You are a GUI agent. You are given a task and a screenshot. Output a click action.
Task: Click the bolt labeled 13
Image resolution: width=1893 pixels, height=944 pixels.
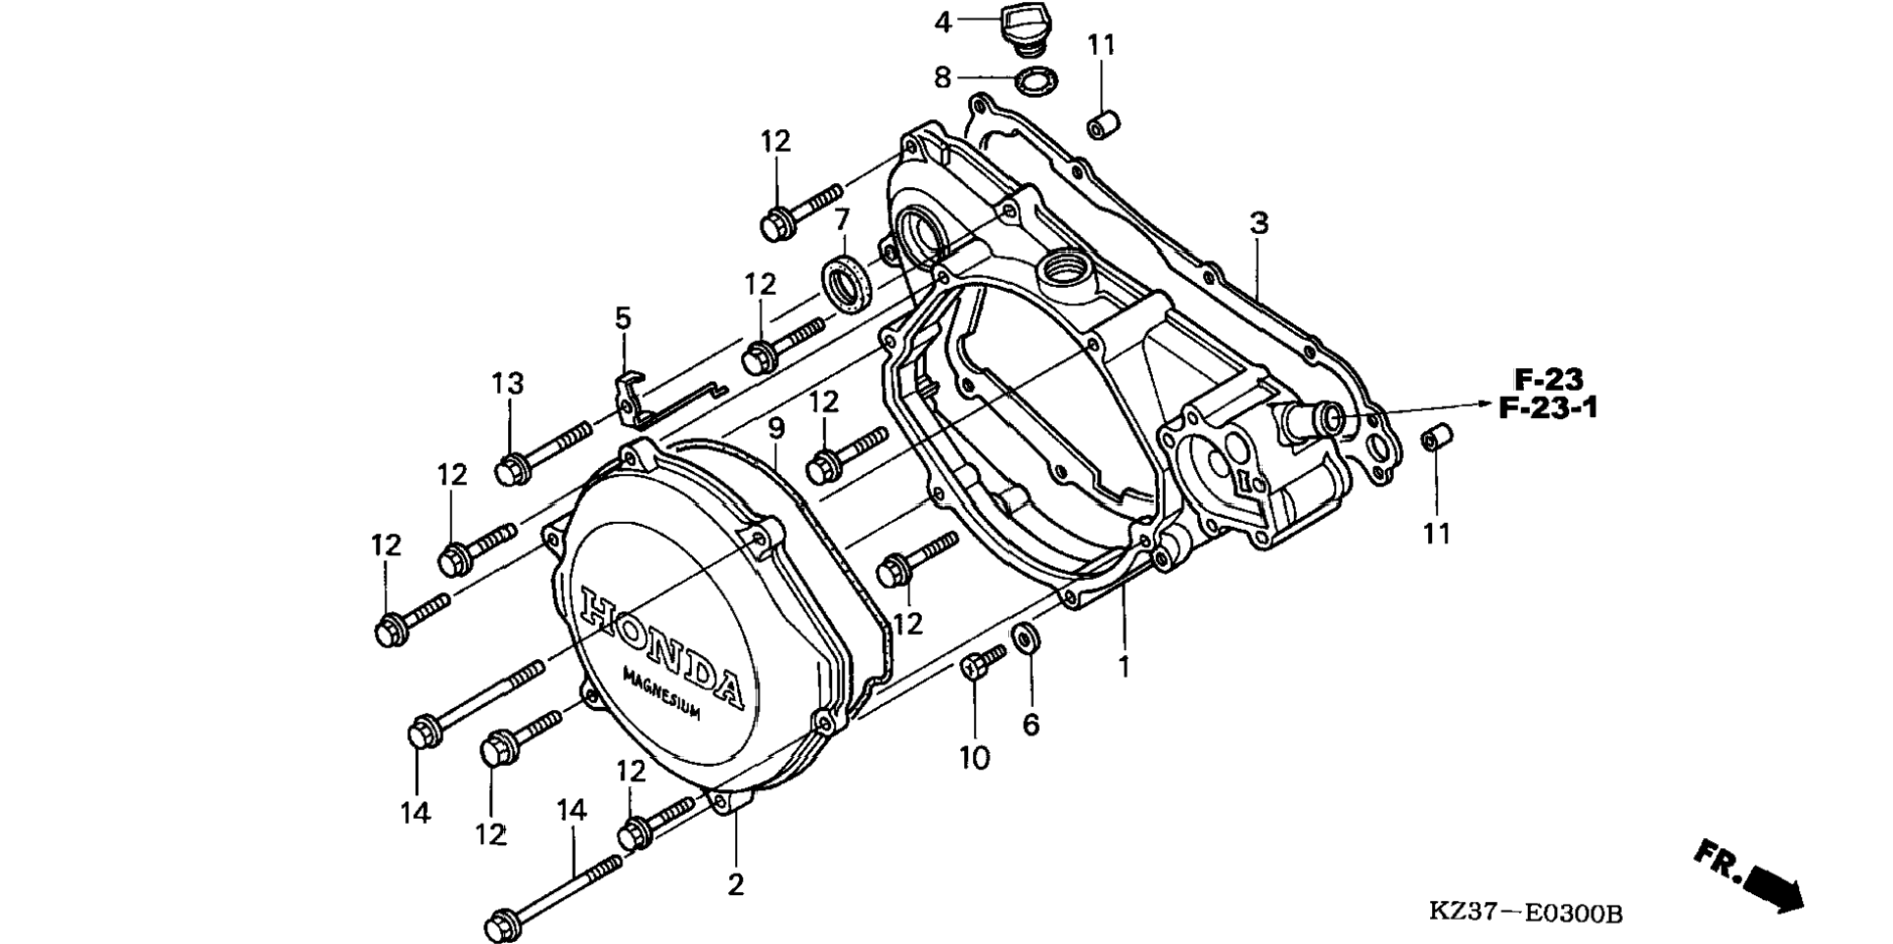pyautogui.click(x=542, y=451)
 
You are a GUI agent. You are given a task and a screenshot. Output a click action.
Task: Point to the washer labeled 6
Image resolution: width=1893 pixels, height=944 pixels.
pyautogui.click(x=1027, y=637)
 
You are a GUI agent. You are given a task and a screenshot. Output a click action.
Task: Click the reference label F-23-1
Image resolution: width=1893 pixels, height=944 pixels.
pyautogui.click(x=1547, y=407)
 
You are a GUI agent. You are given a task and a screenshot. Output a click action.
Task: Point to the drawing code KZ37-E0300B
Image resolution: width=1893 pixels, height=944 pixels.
pyautogui.click(x=1525, y=913)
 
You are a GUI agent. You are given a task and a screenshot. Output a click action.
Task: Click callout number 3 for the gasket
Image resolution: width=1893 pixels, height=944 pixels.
pyautogui.click(x=1259, y=223)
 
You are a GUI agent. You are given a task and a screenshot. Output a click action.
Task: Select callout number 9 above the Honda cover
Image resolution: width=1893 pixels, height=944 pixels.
pyautogui.click(x=776, y=428)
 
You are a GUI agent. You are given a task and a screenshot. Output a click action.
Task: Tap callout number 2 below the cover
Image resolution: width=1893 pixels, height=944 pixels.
pyautogui.click(x=735, y=884)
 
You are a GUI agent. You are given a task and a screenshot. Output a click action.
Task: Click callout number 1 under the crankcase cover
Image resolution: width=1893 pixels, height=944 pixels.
pyautogui.click(x=1124, y=667)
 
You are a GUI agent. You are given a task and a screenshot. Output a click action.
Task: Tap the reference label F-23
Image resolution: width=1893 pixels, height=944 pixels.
pyautogui.click(x=1548, y=378)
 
